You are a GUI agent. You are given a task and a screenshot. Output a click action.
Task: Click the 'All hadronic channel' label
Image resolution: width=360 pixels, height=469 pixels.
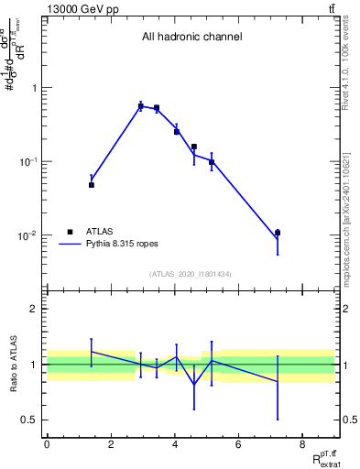point(191,38)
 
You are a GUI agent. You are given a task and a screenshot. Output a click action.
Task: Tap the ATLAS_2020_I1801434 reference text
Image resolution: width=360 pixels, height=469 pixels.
point(191,275)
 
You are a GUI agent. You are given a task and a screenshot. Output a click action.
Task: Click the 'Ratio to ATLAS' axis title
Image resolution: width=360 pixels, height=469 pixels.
point(13,364)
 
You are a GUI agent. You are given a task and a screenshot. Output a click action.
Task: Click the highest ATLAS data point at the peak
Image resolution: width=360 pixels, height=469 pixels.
point(140,106)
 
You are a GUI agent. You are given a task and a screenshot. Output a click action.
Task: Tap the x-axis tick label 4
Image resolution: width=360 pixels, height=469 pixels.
point(174,444)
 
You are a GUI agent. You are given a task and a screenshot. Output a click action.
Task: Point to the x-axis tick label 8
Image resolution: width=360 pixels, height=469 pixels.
point(301,444)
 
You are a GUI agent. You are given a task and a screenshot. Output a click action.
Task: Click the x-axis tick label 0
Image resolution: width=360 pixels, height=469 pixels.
point(47,444)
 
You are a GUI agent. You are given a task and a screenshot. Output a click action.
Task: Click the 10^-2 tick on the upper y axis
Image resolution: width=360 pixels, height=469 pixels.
point(31,235)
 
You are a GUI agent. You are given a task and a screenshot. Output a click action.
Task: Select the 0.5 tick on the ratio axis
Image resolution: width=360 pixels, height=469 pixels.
point(31,420)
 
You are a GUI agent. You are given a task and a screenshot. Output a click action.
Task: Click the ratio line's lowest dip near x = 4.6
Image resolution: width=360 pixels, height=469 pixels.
point(193,384)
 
